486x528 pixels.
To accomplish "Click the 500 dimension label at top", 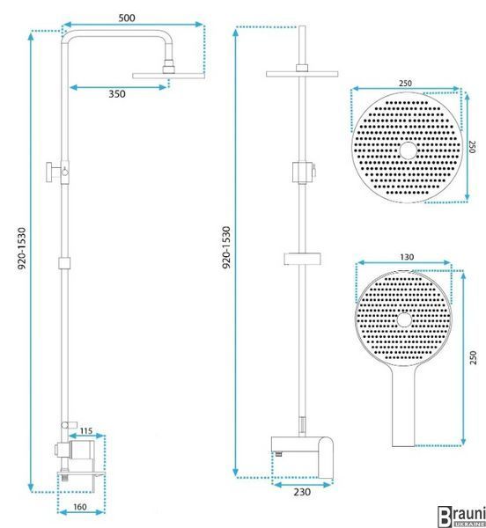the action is tap(127, 18).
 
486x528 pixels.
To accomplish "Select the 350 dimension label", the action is tap(117, 93).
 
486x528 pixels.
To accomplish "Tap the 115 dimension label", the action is tap(86, 430).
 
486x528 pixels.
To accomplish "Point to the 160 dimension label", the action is tap(80, 507).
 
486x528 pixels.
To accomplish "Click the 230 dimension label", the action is tap(302, 492).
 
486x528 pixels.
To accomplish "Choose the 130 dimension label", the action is tap(407, 257).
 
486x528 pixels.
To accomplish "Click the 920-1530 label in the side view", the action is tap(21, 248).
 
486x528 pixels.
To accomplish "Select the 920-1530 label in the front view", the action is tap(226, 247).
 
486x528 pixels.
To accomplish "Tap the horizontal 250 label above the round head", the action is tap(405, 84).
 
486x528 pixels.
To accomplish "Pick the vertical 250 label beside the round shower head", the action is tap(472, 147).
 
